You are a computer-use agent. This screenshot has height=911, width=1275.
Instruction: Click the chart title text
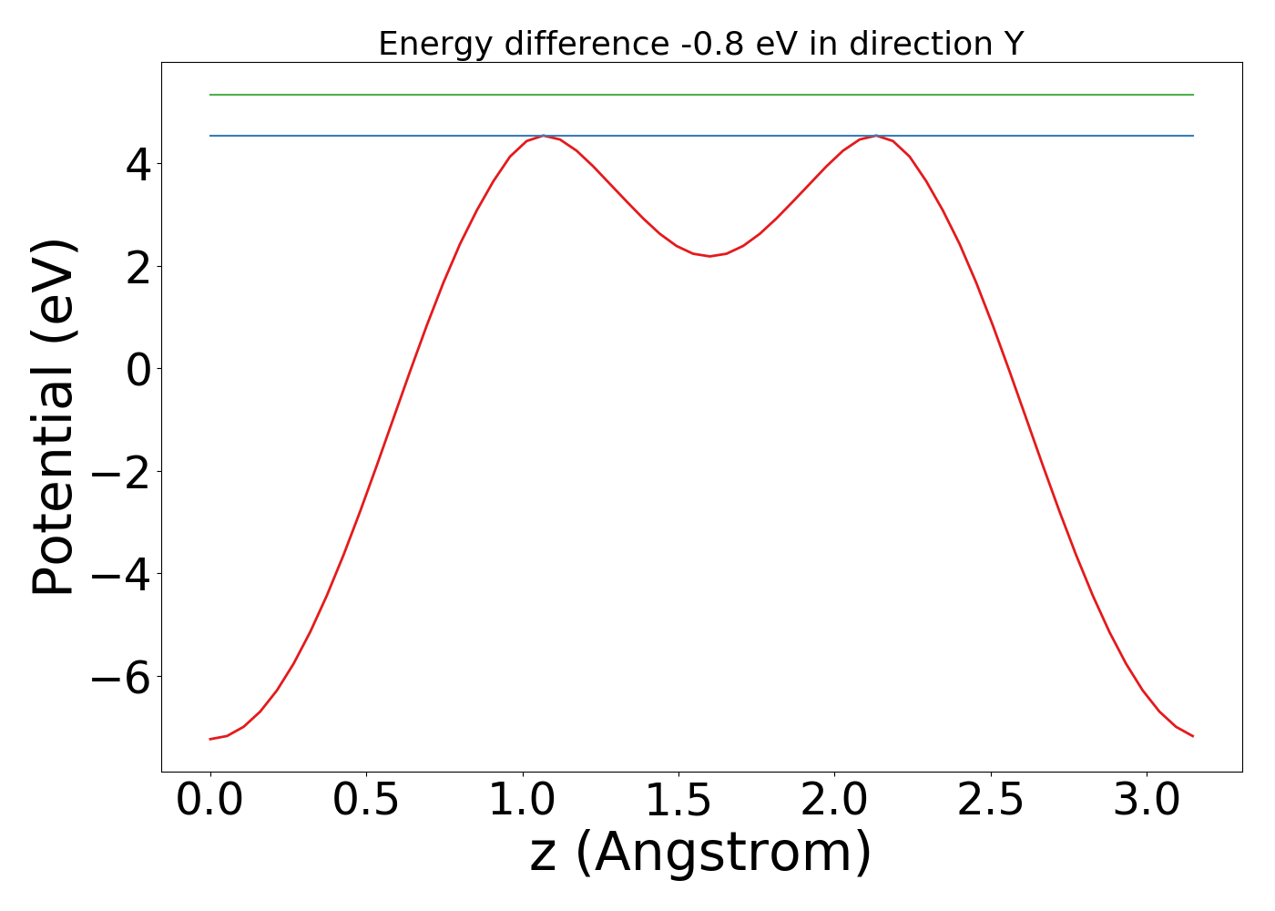click(700, 44)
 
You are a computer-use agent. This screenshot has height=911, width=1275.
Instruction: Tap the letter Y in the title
click(1014, 44)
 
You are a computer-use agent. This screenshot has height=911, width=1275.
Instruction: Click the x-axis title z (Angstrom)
click(700, 853)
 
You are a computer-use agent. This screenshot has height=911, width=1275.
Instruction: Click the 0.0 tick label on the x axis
click(210, 800)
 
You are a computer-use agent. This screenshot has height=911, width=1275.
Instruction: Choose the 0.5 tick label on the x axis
click(366, 800)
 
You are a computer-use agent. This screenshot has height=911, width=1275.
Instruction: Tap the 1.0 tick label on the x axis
click(522, 800)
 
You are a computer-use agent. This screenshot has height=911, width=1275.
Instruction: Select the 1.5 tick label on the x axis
click(678, 800)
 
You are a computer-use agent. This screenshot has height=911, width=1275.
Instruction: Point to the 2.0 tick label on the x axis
click(834, 800)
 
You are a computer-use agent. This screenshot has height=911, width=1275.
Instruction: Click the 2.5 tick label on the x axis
click(991, 800)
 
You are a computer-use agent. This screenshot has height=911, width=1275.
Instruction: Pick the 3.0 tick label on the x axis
click(1147, 800)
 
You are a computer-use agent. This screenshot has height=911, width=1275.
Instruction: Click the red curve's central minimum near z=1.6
click(710, 256)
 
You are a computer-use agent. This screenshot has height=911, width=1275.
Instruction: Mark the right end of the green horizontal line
click(1192, 95)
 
